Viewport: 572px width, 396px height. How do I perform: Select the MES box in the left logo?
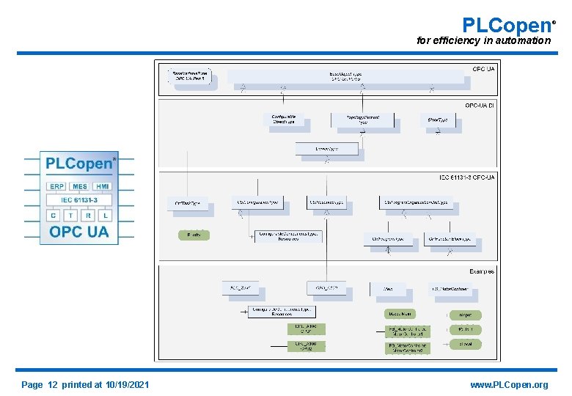pos(79,186)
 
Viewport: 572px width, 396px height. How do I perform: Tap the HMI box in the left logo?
pos(103,186)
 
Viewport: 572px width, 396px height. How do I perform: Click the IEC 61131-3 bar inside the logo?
pos(79,199)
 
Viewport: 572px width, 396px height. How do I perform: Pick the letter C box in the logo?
pos(53,216)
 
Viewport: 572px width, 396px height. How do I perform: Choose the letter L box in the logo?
pos(106,216)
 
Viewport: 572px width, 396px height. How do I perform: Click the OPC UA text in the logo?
pos(79,232)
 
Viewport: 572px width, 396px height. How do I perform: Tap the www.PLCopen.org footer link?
pos(509,385)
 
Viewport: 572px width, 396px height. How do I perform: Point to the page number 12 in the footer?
pos(52,385)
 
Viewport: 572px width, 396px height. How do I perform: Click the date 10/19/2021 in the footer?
pos(128,385)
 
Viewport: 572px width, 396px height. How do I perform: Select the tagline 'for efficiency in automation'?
pos(483,40)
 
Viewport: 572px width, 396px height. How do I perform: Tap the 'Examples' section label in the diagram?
pos(481,271)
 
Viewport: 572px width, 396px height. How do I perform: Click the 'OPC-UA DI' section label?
pos(479,106)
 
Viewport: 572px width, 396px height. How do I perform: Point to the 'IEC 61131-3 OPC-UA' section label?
pos(466,177)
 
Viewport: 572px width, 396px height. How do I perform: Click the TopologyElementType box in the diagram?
pos(362,120)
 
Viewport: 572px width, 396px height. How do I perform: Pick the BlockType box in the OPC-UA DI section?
pos(438,120)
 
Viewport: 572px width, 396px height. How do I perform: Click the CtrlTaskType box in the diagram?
pos(188,203)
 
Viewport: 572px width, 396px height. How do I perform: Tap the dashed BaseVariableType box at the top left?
pos(190,76)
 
